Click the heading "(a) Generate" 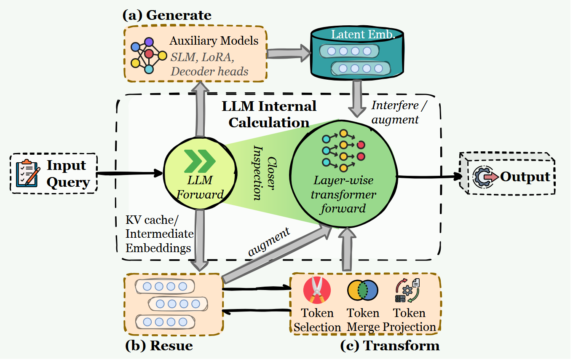point(167,15)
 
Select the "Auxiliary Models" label point(214,41)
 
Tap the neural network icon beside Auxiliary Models point(149,56)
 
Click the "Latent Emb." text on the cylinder point(363,35)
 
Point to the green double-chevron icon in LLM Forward point(200,161)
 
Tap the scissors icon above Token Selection point(317,290)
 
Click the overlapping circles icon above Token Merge point(363,290)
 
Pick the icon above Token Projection point(407,290)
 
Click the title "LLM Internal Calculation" point(269,114)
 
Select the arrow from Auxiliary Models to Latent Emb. point(289,53)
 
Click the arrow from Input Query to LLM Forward point(129,174)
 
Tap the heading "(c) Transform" point(390,346)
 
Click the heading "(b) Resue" point(159,346)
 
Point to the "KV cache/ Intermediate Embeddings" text point(159,234)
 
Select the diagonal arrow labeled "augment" point(277,255)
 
